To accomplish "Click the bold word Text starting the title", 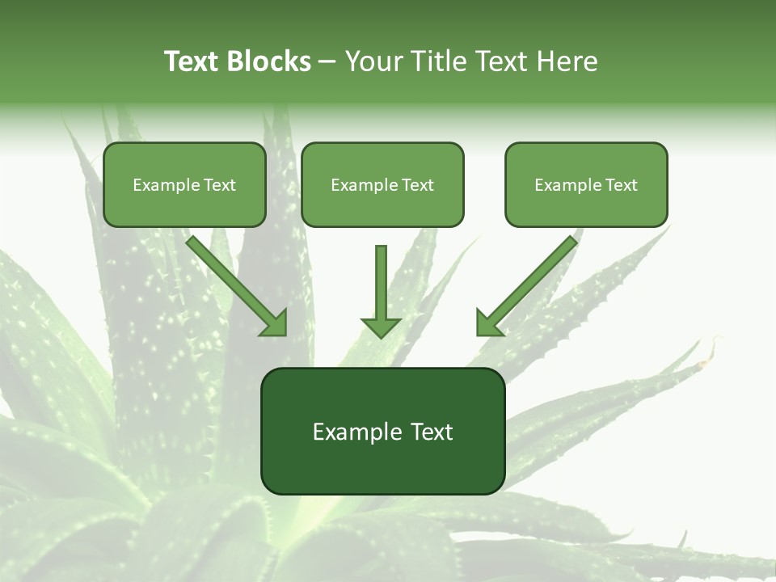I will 192,61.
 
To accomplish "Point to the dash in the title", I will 327,62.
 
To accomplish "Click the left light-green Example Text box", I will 184,184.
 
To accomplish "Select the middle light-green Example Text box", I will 382,184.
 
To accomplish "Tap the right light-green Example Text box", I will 586,184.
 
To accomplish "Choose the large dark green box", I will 382,431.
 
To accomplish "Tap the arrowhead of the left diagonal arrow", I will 275,323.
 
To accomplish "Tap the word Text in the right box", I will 622,185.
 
